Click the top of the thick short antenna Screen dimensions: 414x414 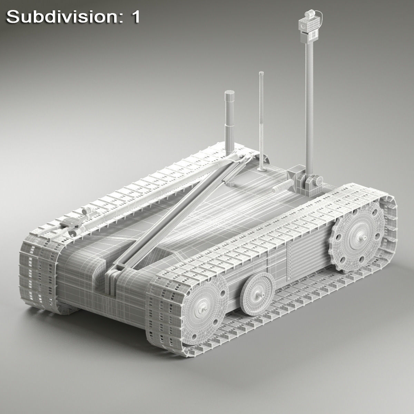[229, 93]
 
